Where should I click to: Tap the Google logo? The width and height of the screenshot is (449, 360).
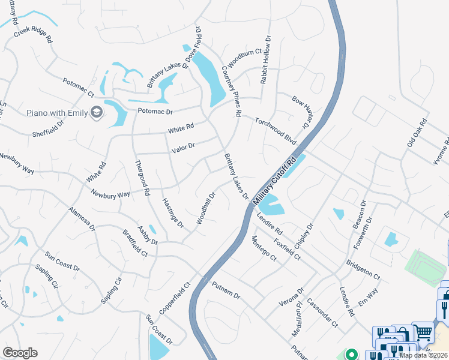tap(20, 353)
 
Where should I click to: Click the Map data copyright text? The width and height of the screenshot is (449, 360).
tap(423, 355)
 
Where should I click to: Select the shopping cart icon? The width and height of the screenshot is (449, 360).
tap(423, 331)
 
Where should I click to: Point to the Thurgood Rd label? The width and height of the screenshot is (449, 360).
tap(142, 178)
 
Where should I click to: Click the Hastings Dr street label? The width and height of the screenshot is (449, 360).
tap(172, 213)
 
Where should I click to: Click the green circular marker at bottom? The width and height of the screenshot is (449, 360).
tap(352, 355)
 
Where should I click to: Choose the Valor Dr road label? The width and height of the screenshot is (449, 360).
tap(183, 146)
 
